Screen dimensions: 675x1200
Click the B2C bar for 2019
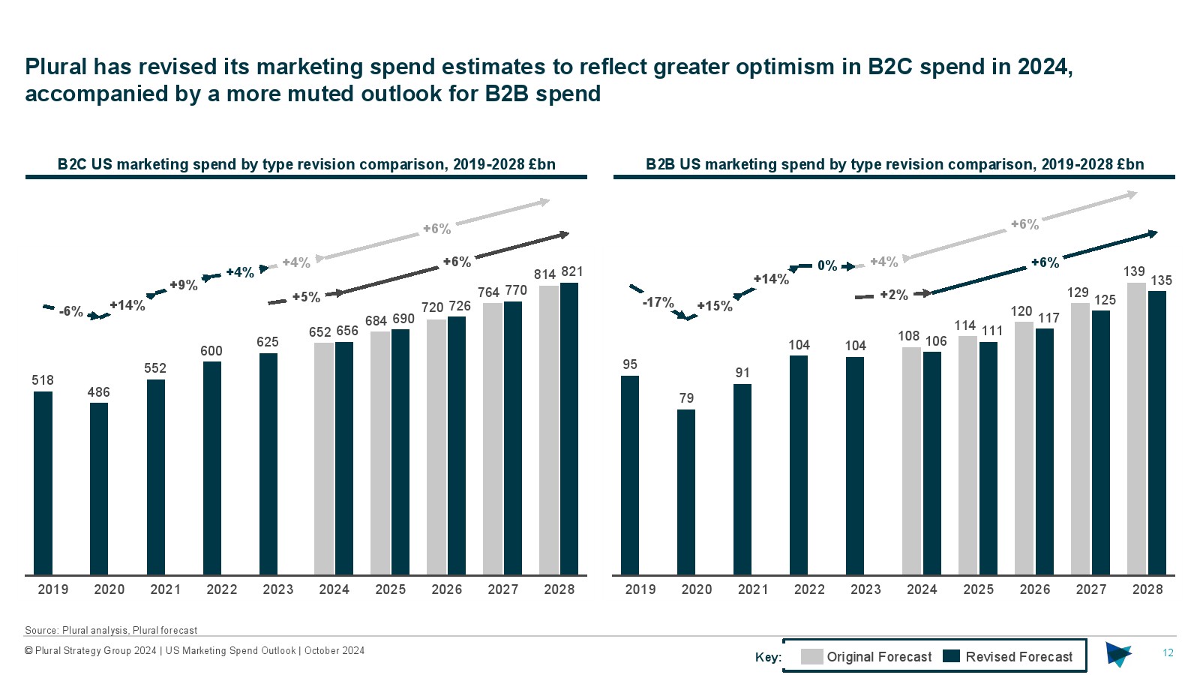coord(43,483)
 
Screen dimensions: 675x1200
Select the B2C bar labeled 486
coord(99,489)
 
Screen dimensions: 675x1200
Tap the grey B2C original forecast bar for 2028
coord(549,430)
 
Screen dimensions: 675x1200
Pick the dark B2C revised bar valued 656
coord(344,459)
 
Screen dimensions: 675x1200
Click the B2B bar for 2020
coord(686,492)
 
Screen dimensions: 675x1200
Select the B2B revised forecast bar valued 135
coord(1157,433)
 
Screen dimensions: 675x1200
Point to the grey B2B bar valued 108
coord(911,461)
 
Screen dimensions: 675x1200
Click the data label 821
coord(572,271)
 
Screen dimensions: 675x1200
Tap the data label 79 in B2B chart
coord(686,398)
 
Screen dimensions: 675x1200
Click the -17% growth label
coord(658,302)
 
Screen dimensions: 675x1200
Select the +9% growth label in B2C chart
coord(183,285)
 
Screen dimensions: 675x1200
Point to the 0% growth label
coord(827,265)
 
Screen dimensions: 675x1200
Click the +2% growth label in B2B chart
coord(893,295)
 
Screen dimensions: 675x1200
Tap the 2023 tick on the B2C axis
coord(278,589)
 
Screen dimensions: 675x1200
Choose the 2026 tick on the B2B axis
coord(1035,589)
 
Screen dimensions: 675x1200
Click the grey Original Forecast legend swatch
coord(811,657)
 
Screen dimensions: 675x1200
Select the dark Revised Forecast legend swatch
coord(951,657)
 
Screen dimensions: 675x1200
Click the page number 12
coord(1168,653)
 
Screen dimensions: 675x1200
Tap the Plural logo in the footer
coord(1118,654)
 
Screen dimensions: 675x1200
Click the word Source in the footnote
coord(41,631)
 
